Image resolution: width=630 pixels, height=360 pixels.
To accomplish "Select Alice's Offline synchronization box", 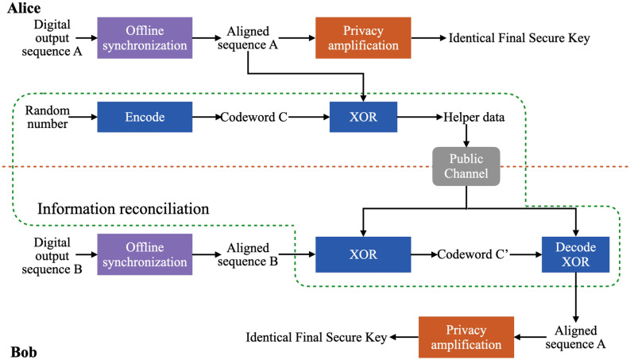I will [x=145, y=38].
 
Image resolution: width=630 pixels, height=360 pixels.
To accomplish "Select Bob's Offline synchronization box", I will [x=145, y=254].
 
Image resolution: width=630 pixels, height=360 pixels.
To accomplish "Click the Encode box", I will [x=145, y=117].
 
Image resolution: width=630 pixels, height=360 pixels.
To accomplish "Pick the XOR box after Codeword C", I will [x=363, y=117].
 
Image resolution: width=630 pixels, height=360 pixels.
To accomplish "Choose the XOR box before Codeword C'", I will [x=363, y=254].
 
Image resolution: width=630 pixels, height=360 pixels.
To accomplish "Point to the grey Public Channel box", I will [x=466, y=166].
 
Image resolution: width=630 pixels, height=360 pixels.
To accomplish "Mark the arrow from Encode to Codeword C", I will [x=205, y=117].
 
